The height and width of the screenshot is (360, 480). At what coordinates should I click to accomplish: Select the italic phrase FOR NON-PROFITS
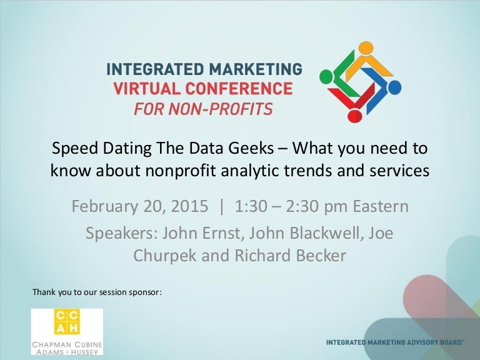point(203,109)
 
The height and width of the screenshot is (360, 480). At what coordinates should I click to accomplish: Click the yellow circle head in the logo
point(366,49)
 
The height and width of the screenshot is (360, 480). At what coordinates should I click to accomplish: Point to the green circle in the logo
point(326,76)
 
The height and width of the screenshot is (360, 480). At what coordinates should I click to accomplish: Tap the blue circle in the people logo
point(394,87)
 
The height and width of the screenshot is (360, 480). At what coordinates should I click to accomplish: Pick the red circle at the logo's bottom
point(355,116)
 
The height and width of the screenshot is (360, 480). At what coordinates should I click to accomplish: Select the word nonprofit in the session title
point(181,171)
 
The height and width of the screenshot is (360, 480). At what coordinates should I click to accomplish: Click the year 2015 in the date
point(189,206)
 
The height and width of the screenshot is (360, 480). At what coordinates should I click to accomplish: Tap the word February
point(104,206)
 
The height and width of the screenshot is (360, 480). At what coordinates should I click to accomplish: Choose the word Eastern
point(381,206)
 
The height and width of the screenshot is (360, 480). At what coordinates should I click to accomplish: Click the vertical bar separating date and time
point(222,207)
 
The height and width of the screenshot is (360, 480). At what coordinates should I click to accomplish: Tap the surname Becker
point(321,255)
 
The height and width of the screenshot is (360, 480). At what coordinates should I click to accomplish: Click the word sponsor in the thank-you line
point(145,292)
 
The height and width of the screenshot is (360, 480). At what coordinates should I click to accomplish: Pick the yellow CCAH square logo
point(67,321)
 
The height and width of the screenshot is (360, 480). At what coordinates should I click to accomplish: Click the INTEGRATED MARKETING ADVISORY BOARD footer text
point(395,342)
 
